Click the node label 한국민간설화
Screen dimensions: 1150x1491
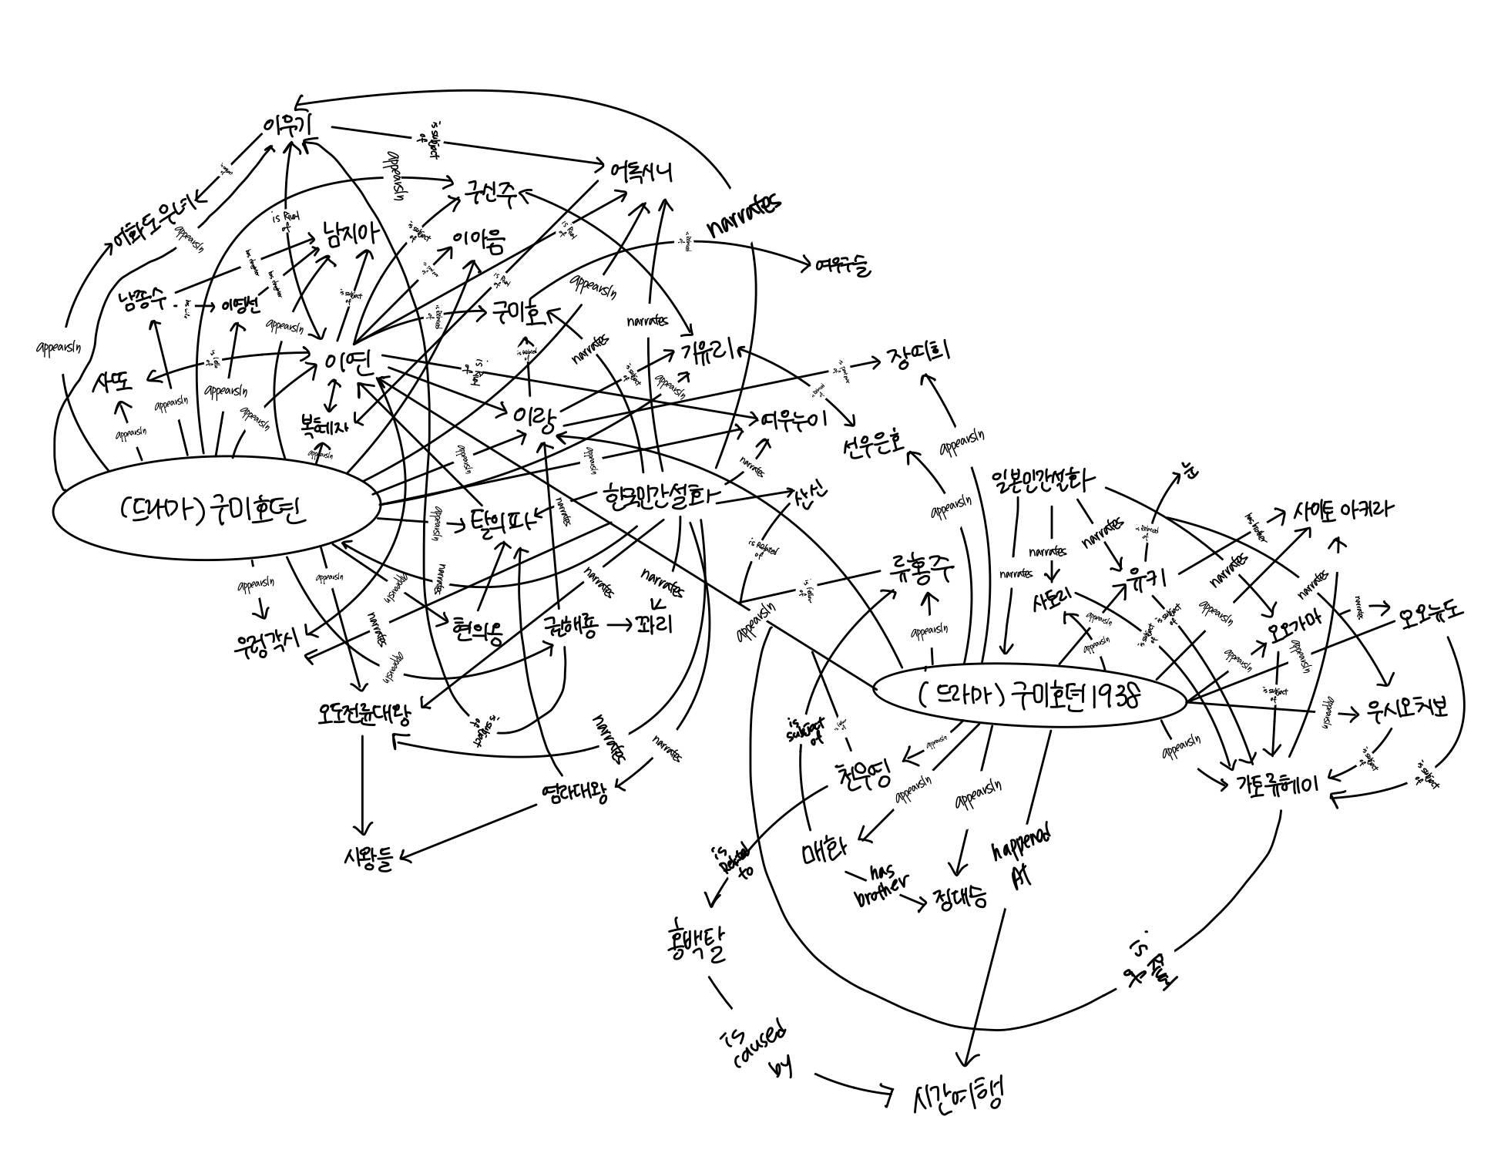[x=660, y=497]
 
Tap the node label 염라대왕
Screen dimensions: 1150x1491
[x=574, y=793]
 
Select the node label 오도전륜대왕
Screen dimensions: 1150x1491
[x=364, y=713]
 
